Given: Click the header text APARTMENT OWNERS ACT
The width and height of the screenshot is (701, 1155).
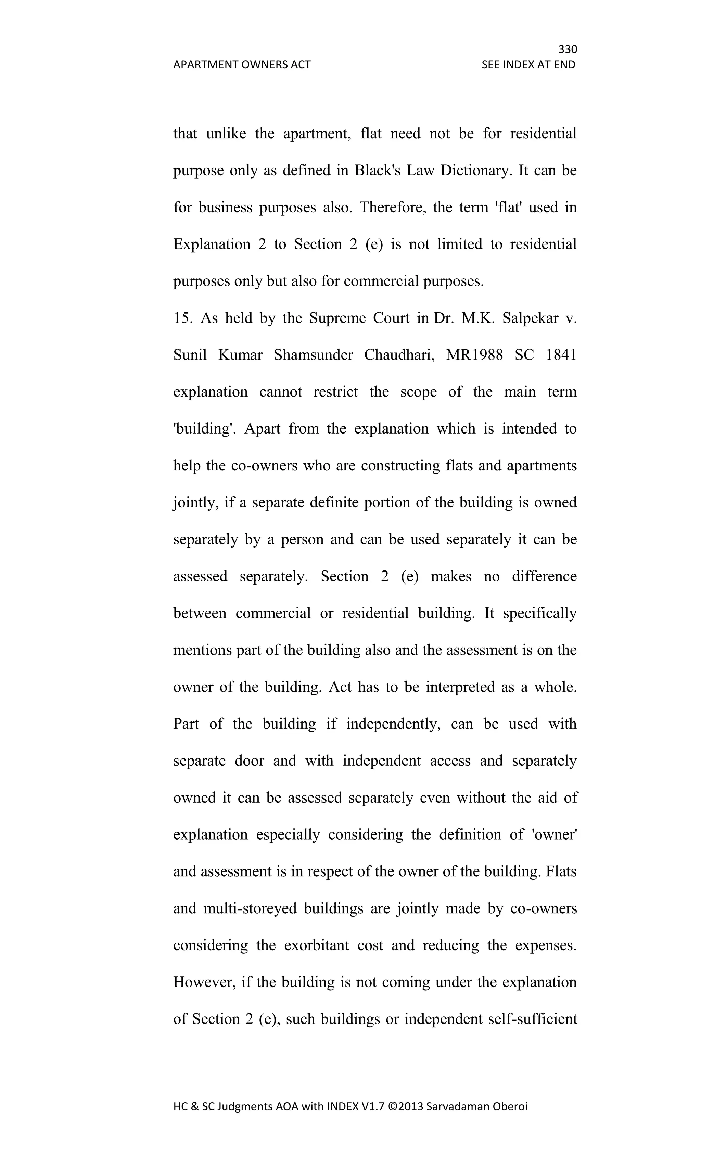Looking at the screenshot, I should coord(242,65).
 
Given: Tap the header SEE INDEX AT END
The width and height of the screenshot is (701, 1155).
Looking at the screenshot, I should coord(528,65).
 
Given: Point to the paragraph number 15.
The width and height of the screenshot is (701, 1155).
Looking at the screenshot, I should coord(181,318).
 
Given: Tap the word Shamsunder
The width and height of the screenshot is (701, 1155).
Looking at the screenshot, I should coord(313,355).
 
